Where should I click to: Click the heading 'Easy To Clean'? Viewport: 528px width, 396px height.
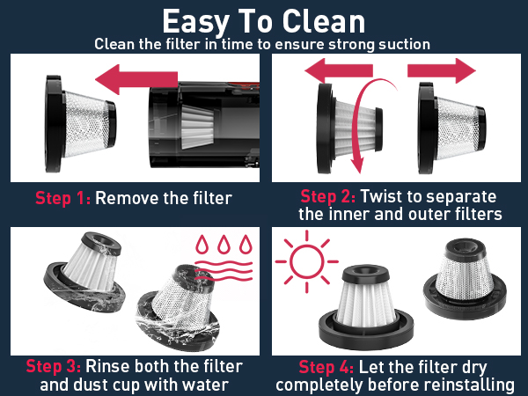[264, 21]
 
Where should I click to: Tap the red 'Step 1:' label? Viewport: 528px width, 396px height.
[63, 198]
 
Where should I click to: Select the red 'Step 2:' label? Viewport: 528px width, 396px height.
[327, 196]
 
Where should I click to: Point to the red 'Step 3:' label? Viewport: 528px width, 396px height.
[54, 366]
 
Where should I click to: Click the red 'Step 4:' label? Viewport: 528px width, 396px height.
[326, 367]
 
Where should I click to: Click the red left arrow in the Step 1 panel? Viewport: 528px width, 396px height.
[136, 79]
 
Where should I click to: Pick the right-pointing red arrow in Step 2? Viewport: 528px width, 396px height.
[442, 70]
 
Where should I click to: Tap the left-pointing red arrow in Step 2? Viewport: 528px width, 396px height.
[339, 70]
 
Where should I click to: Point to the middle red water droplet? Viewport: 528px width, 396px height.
[224, 244]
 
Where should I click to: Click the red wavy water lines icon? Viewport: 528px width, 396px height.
[224, 271]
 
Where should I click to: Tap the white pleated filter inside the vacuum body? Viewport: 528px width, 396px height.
[198, 127]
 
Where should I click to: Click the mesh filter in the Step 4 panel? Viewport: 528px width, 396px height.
[465, 279]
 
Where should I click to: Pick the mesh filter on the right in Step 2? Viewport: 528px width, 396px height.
[452, 128]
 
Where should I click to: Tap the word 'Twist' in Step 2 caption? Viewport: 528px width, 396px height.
[377, 196]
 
